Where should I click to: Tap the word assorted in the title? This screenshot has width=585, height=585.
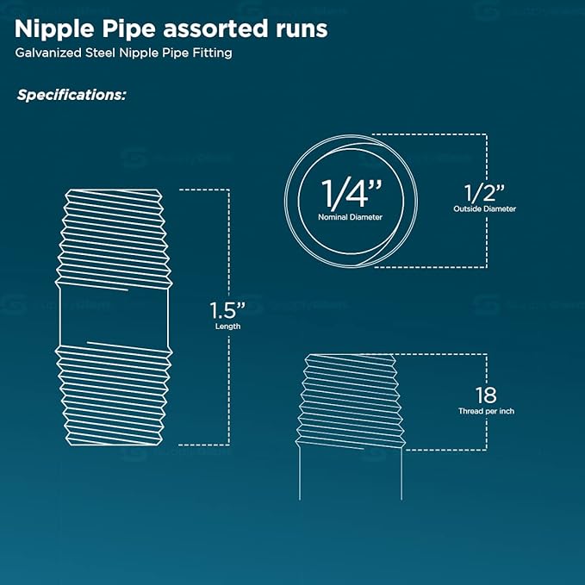215,29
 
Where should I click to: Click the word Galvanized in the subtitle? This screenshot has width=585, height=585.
48,53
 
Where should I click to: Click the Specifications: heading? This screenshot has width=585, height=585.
72,95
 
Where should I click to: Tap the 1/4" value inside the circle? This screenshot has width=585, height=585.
352,193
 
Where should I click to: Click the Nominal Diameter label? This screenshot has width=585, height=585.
351,217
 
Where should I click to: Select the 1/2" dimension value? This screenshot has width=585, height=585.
484,193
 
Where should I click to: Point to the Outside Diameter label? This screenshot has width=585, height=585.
485,208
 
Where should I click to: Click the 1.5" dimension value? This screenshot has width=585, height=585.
227,310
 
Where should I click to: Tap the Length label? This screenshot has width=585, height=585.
227,327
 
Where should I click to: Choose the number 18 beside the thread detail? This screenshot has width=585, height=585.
486,395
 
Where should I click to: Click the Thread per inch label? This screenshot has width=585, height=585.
486,411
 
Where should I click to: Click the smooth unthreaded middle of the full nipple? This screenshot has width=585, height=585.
114,317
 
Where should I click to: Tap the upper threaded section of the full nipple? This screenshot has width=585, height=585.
114,239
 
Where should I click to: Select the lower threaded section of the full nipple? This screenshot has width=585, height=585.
114,395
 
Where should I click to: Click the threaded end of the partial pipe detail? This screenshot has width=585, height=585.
351,401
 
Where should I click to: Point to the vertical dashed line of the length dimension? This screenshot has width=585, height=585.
228,317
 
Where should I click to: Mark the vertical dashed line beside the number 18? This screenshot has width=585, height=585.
487,401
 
